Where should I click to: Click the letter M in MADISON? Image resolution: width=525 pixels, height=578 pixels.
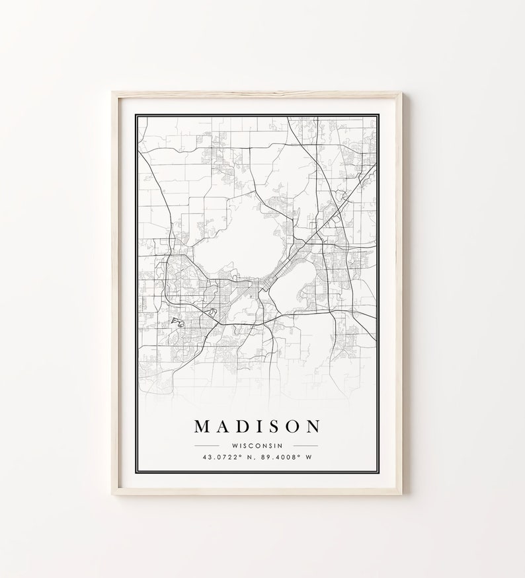point(203,426)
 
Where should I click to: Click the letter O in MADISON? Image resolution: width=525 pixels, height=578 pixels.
point(290,426)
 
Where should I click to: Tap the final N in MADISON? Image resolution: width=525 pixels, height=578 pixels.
point(312,426)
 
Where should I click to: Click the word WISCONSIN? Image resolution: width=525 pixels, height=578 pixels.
point(257,445)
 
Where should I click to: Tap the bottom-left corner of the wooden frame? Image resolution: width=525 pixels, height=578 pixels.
point(113,493)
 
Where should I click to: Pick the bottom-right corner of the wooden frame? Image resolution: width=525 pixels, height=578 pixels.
point(401,493)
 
